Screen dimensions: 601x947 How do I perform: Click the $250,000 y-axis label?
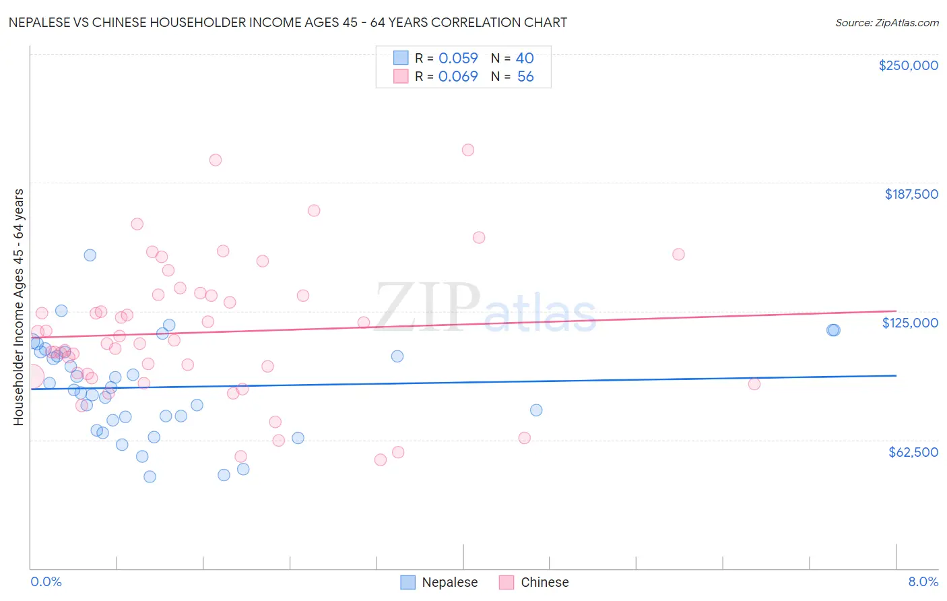(908, 65)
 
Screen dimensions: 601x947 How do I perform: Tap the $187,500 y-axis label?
(911, 194)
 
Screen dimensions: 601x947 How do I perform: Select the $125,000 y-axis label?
(910, 323)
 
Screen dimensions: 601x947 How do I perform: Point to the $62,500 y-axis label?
(913, 452)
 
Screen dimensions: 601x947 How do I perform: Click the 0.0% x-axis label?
(46, 581)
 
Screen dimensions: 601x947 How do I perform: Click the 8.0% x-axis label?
(923, 581)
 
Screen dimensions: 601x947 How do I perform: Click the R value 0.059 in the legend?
(458, 59)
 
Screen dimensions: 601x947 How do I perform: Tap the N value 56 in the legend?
(525, 77)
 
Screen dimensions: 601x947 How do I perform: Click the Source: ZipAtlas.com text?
(886, 22)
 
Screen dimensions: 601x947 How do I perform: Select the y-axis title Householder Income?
(18, 307)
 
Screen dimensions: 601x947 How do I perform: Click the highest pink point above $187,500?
(468, 150)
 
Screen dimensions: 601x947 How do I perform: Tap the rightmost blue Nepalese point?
(834, 329)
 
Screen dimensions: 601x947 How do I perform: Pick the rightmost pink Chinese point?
(754, 384)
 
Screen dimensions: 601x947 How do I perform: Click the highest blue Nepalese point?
(90, 255)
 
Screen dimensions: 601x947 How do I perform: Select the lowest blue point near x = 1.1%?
(150, 476)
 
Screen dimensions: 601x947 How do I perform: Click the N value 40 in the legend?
(525, 59)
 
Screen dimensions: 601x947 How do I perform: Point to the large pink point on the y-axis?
(31, 377)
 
